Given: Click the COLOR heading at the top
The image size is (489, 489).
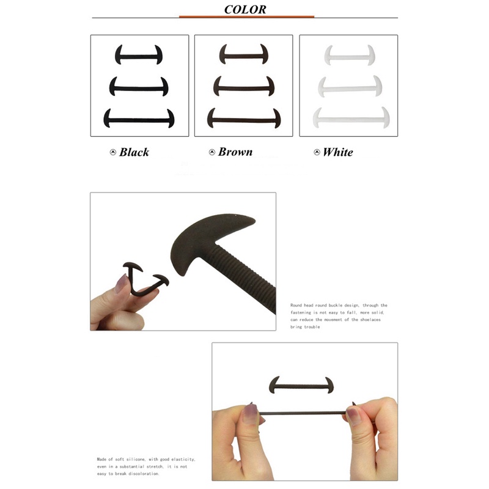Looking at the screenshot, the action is (245, 9).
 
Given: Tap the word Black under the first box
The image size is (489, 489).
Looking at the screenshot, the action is (134, 152).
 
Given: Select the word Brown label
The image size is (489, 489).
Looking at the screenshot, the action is (235, 152).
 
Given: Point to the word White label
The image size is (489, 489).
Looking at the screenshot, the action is (338, 152).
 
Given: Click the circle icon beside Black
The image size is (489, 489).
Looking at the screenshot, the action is (113, 152).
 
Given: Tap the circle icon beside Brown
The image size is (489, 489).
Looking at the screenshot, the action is (212, 152).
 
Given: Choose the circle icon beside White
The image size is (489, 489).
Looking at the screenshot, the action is (317, 152).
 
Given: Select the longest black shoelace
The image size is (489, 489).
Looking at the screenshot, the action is (139, 120).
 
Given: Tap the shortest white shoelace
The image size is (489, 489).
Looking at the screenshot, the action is (349, 57).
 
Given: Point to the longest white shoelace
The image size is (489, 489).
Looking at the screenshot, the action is (351, 119).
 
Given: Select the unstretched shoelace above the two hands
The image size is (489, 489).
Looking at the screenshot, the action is (301, 386).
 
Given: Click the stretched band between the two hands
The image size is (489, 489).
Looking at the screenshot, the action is (302, 414).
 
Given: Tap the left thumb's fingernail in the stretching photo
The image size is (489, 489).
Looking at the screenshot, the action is (250, 414).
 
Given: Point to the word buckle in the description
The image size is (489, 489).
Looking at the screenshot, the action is (335, 305).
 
